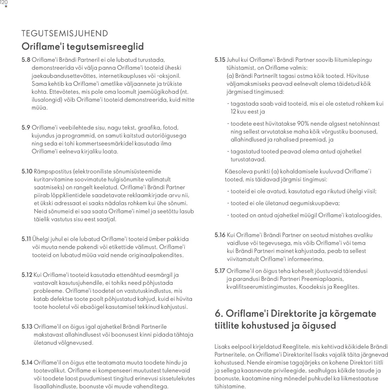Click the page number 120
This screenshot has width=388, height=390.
(x=4, y=3)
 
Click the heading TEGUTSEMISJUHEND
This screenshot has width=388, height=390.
(x=65, y=33)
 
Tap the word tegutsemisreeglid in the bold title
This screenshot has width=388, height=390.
(x=105, y=47)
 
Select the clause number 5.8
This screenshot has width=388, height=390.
(x=26, y=60)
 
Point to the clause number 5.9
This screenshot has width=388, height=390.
(x=26, y=128)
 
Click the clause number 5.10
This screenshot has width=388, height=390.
(x=27, y=172)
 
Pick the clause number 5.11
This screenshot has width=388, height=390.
(x=26, y=239)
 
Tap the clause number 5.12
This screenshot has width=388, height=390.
(x=27, y=275)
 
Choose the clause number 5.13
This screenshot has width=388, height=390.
(x=27, y=327)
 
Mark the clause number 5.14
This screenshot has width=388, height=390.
(x=27, y=363)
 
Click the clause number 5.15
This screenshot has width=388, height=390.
(x=220, y=60)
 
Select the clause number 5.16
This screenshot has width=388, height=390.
(x=220, y=235)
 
